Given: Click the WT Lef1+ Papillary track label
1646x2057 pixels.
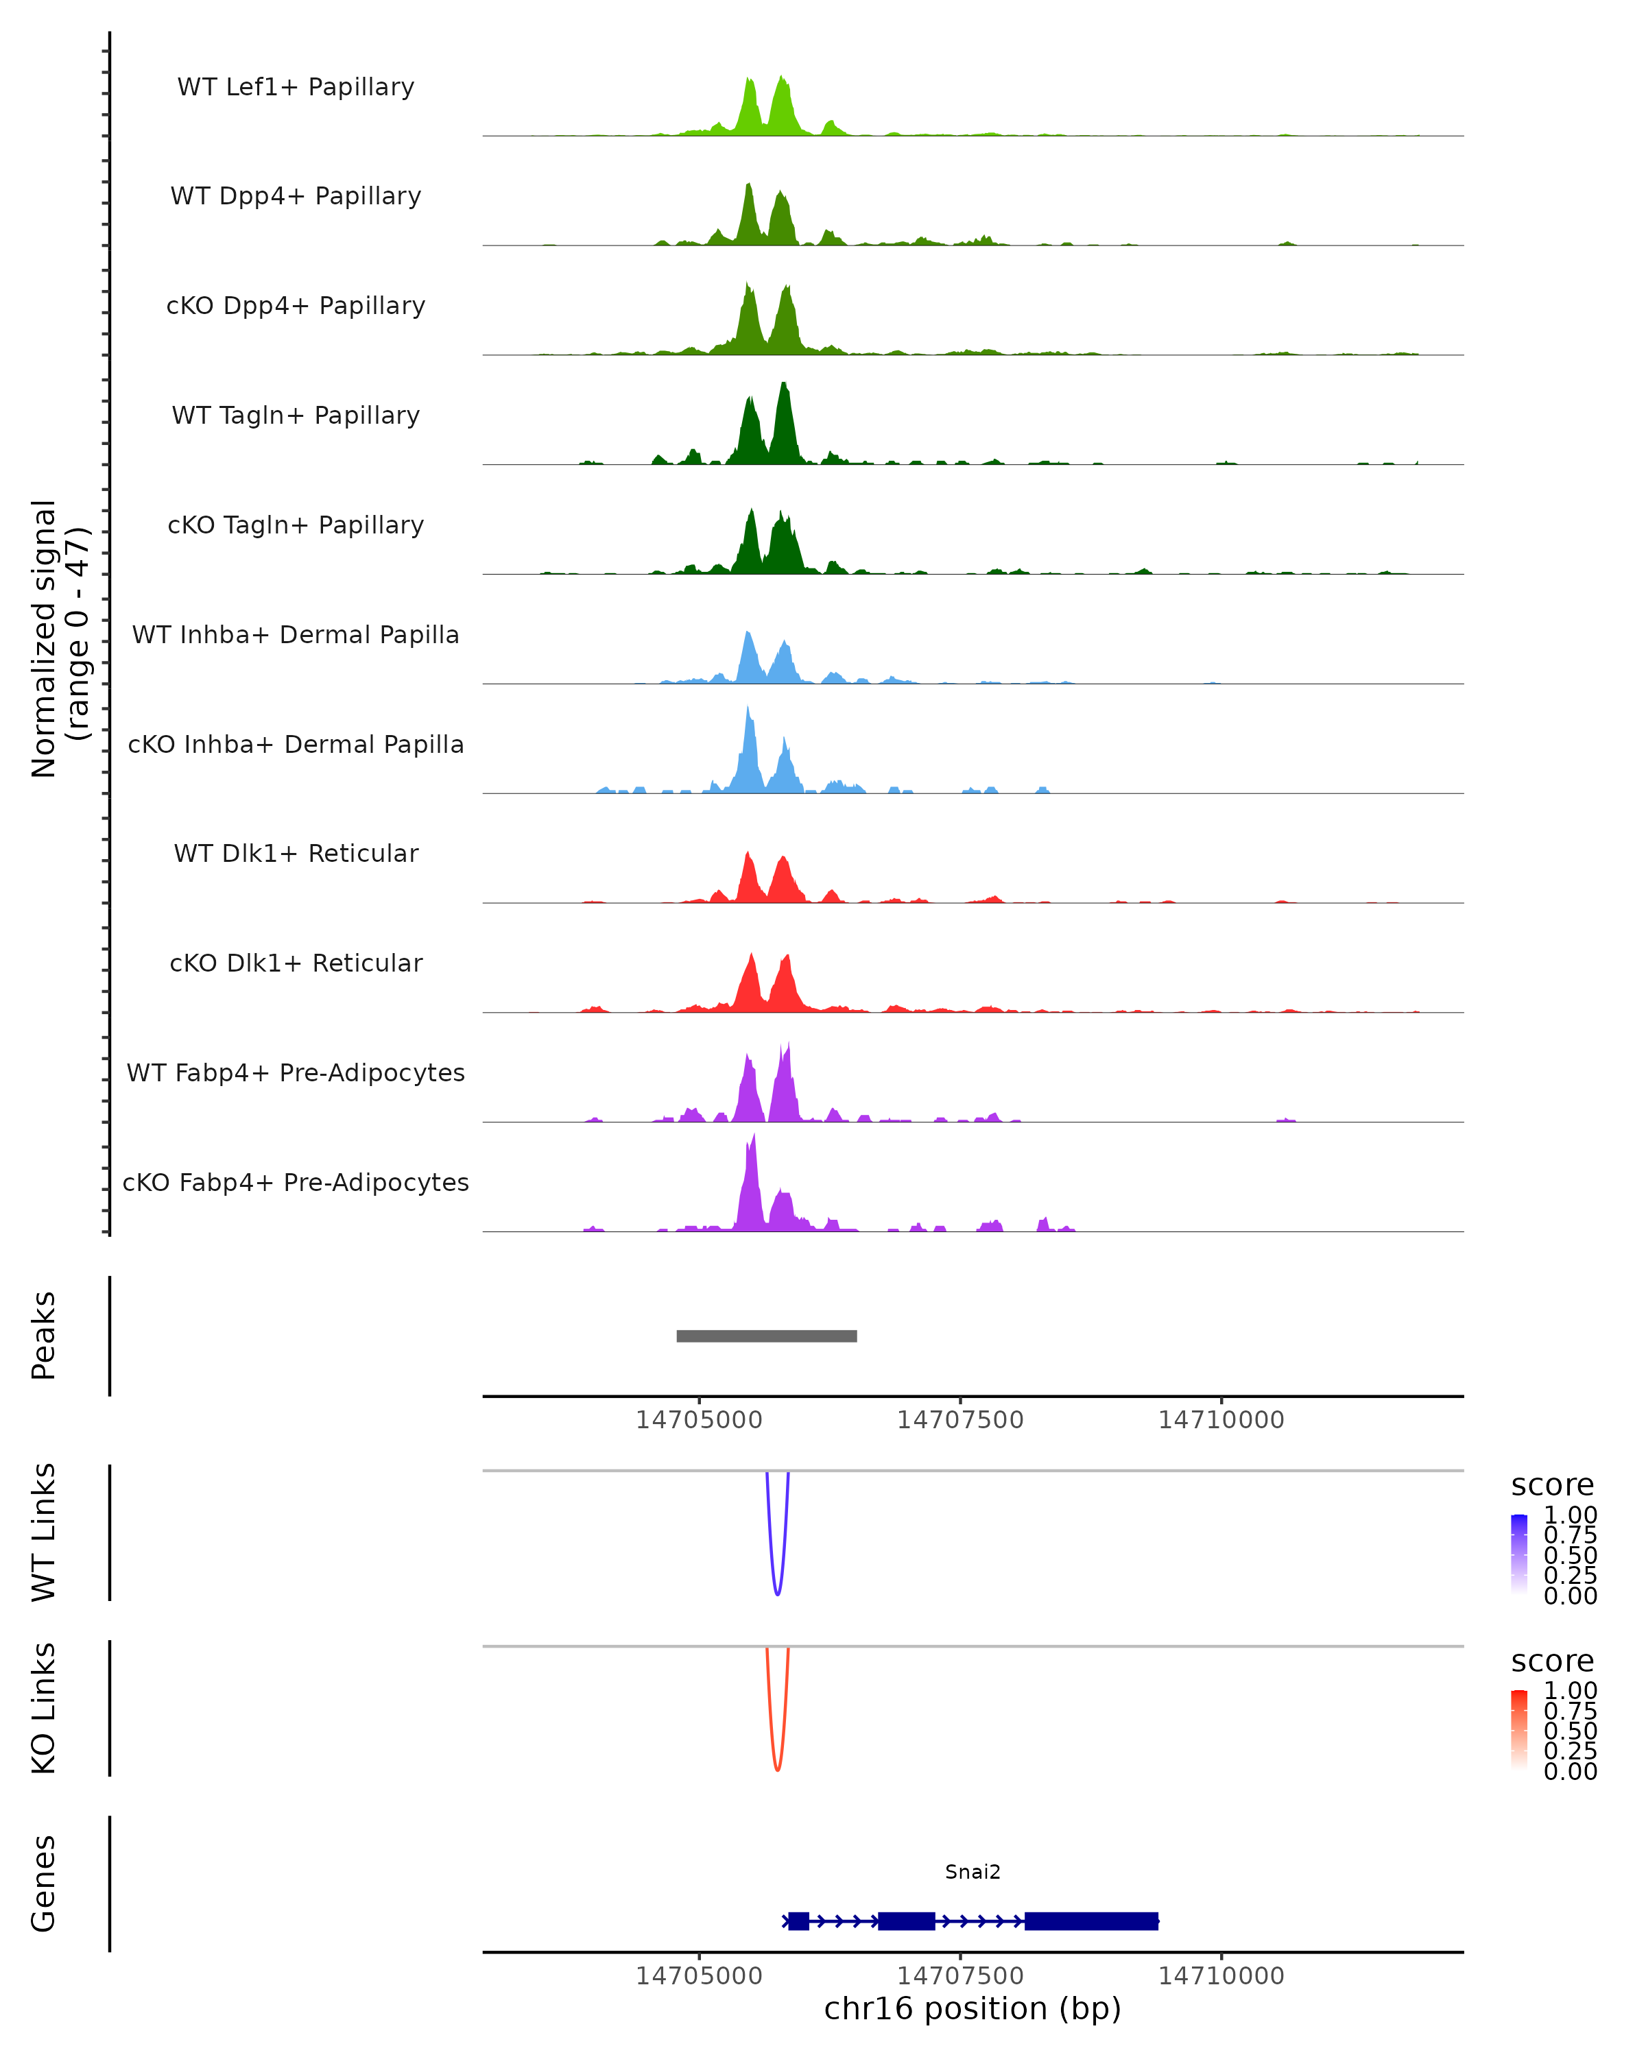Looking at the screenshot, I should click(296, 87).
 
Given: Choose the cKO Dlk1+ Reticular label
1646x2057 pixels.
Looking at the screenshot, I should click(296, 963).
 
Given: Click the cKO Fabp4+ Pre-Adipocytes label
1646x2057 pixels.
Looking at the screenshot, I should click(296, 1182).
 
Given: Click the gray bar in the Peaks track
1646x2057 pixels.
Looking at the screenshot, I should click(766, 1336).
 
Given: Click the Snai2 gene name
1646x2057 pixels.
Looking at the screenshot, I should click(973, 1872).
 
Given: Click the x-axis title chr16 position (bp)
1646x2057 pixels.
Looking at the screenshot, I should click(973, 2008).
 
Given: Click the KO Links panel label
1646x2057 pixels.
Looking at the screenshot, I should click(44, 1708).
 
